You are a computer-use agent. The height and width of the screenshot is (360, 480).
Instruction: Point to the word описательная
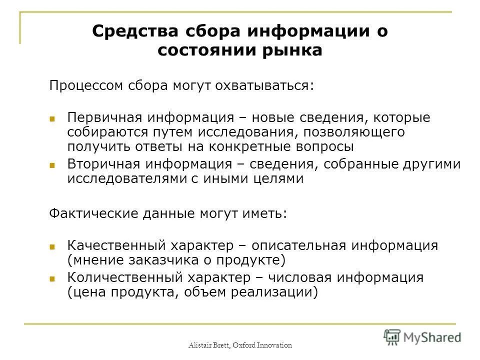point(299,246)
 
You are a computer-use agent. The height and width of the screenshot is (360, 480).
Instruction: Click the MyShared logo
point(422,336)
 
